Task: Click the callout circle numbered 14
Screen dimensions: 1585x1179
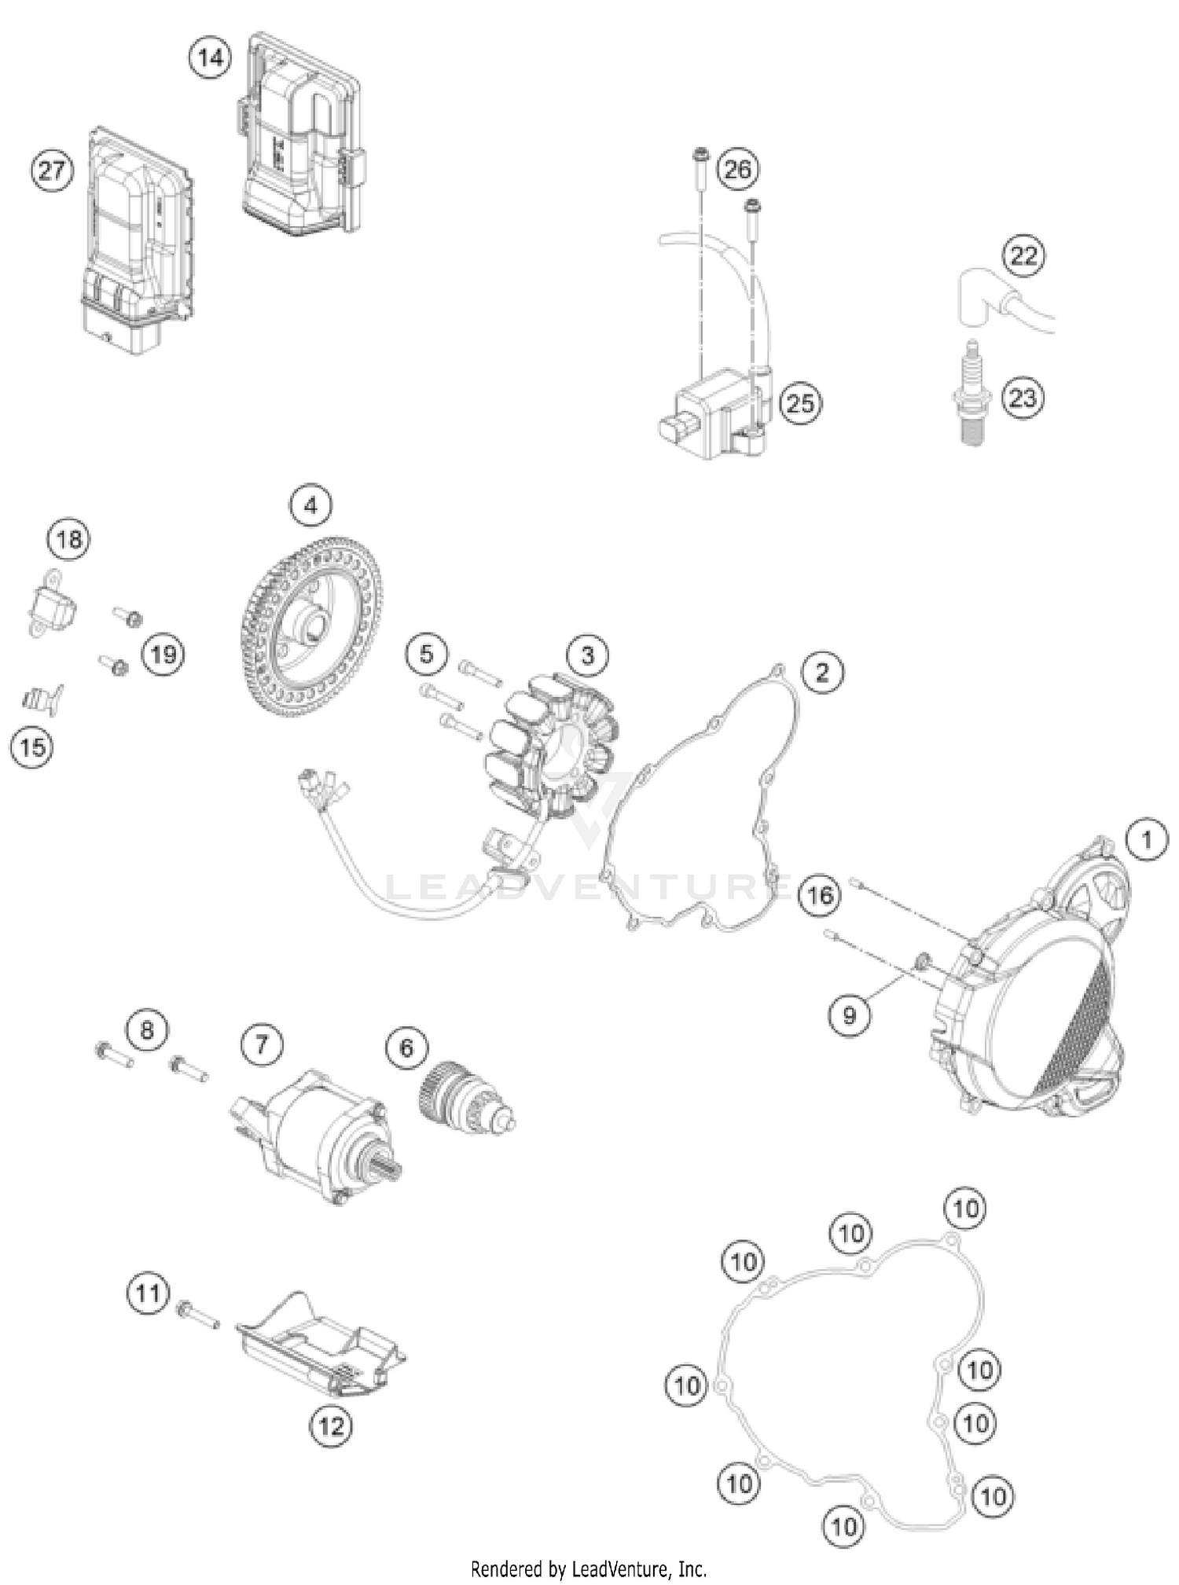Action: pyautogui.click(x=211, y=58)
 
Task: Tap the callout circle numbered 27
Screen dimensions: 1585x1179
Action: pyautogui.click(x=52, y=171)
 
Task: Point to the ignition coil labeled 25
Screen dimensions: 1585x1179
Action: pyautogui.click(x=711, y=420)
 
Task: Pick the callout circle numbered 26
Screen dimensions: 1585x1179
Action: pyautogui.click(x=737, y=169)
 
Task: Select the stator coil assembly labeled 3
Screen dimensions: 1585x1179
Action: pyautogui.click(x=550, y=747)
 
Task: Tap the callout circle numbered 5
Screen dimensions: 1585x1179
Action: pyautogui.click(x=426, y=654)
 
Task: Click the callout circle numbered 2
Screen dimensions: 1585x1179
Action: pyautogui.click(x=822, y=673)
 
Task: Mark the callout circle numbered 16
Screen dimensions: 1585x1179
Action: pyautogui.click(x=820, y=895)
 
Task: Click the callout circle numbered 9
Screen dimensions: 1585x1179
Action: pyautogui.click(x=849, y=1015)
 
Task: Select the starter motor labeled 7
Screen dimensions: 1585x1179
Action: pyautogui.click(x=314, y=1132)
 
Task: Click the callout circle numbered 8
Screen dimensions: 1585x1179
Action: pyautogui.click(x=147, y=1029)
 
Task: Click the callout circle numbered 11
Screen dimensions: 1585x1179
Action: pyautogui.click(x=148, y=1293)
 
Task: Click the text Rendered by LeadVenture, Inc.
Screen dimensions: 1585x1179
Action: pyautogui.click(x=589, y=1569)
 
